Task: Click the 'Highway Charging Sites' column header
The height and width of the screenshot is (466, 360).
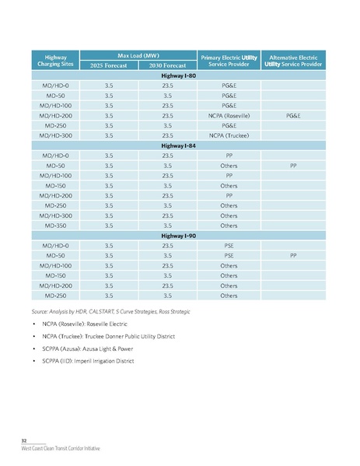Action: (56, 61)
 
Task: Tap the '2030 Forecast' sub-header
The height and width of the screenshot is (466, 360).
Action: (166, 66)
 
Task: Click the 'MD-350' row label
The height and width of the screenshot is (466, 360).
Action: (56, 226)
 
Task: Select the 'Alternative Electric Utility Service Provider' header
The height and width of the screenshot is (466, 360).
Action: (292, 61)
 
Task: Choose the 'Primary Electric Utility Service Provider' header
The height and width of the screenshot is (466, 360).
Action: (229, 61)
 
